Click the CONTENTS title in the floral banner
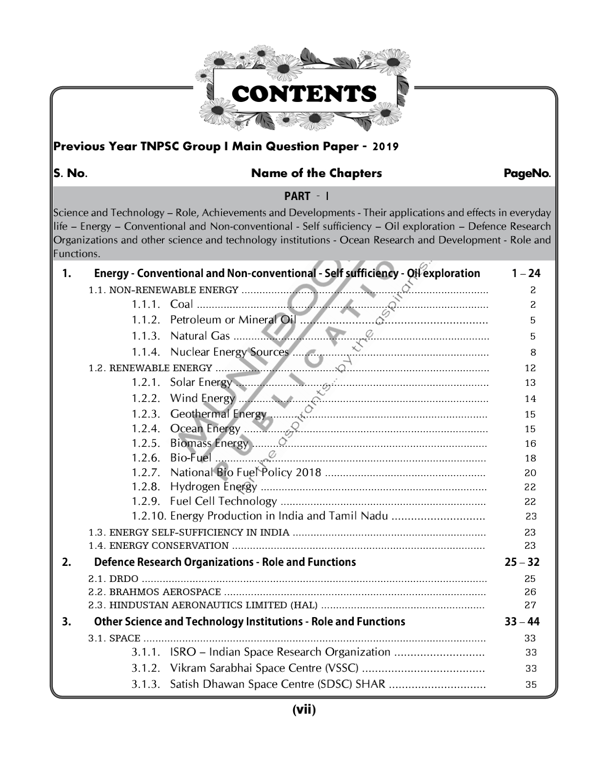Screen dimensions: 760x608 (x=304, y=94)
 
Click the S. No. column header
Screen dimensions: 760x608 (x=70, y=173)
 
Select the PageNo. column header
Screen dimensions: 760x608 (x=527, y=173)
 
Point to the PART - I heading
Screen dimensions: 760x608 (x=306, y=196)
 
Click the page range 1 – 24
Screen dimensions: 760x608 (x=526, y=274)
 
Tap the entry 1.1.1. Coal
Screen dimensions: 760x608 (x=162, y=304)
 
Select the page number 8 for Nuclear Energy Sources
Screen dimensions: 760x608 (x=533, y=353)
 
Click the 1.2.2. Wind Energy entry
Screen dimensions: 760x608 (x=183, y=399)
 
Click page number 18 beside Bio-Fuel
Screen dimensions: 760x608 (x=530, y=459)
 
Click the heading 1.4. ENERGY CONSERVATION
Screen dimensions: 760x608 (x=159, y=546)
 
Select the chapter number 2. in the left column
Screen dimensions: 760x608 (x=67, y=562)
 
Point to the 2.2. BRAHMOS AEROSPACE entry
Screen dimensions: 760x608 (x=155, y=592)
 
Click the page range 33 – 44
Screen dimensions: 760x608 (x=522, y=622)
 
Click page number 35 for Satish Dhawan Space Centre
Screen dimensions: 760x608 (x=531, y=685)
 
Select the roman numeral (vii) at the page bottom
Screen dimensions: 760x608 (x=304, y=710)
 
